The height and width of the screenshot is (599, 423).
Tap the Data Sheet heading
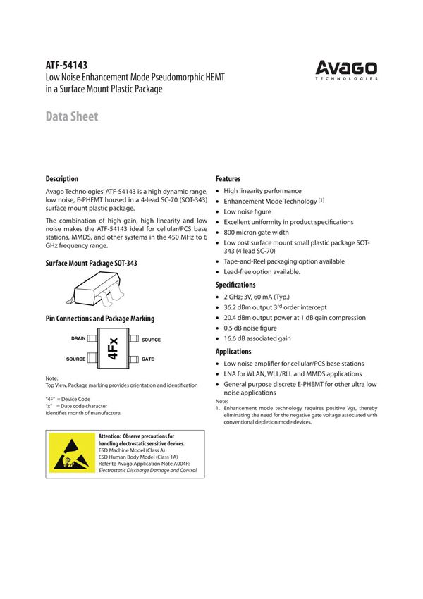72,116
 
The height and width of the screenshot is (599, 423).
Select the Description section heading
62,179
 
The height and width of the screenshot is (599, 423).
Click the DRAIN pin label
78,338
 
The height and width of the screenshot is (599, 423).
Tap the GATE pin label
148,359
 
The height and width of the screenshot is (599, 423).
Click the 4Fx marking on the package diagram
113,349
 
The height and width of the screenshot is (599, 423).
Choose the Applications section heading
233,351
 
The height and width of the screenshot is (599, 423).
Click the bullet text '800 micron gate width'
256,233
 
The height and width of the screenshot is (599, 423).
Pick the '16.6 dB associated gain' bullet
257,338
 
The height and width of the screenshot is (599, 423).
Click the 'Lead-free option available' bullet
262,272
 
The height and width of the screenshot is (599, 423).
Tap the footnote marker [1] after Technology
321,200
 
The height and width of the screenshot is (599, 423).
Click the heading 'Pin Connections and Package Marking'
99,319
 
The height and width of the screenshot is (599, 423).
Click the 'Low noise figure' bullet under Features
248,211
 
